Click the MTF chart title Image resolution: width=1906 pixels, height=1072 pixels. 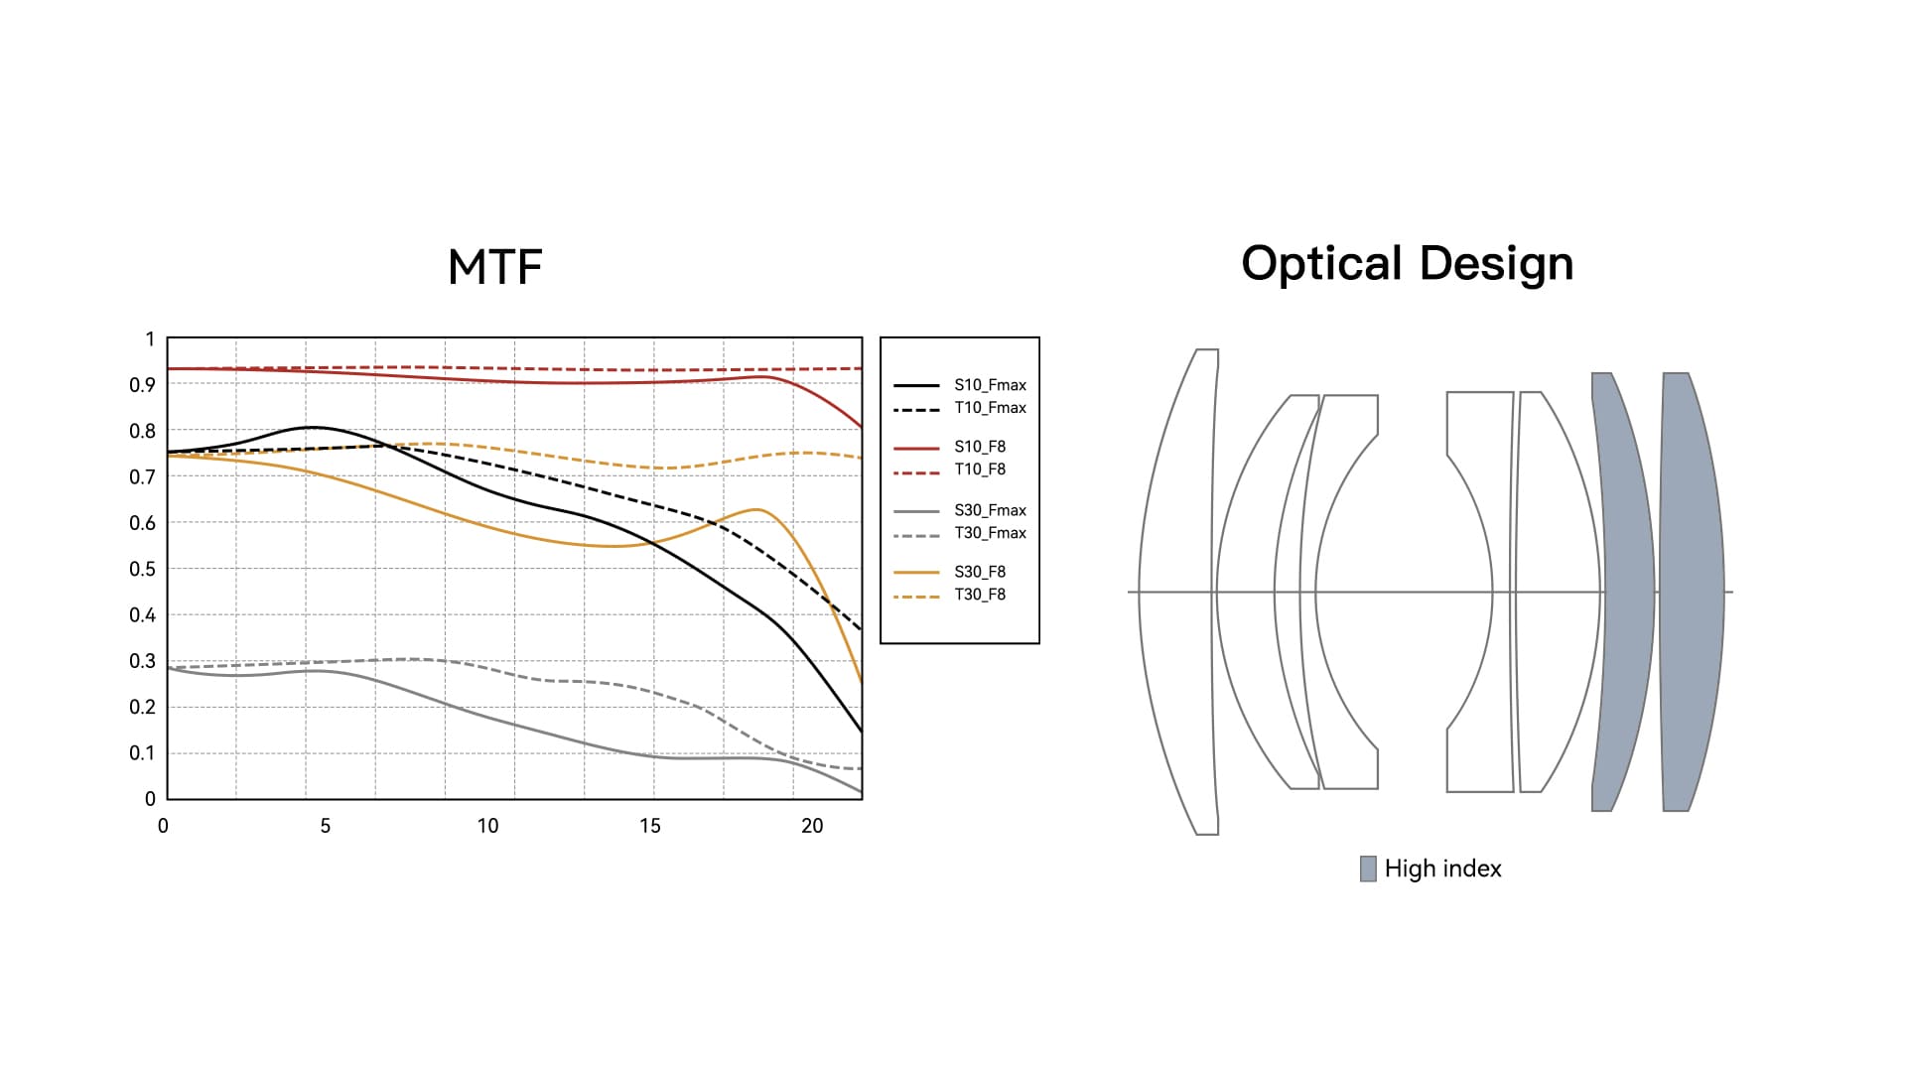[494, 266]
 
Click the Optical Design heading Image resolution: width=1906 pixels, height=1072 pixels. [1407, 264]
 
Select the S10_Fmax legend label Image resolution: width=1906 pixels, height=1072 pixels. [990, 385]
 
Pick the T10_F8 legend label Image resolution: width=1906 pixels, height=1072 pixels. [980, 469]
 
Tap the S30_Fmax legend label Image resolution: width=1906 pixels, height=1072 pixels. [990, 510]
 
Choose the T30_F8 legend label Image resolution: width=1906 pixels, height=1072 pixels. [980, 595]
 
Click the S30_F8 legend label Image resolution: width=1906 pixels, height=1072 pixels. [980, 572]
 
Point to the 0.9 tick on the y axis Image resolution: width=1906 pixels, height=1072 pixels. [143, 385]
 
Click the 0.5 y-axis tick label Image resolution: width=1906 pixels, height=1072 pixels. [143, 569]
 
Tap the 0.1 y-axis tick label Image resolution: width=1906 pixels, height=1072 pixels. [143, 753]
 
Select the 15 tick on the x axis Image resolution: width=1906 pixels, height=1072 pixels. [649, 826]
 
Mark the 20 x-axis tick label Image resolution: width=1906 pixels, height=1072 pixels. [812, 826]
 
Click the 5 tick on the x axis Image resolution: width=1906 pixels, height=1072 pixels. [325, 826]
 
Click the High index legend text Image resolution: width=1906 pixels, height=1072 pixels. [1442, 869]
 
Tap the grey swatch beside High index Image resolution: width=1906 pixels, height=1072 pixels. [1368, 869]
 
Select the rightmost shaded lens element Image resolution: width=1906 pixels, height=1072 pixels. [1692, 592]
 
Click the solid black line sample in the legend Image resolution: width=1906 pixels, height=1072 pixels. [916, 385]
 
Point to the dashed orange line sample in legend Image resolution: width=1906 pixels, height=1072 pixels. [916, 597]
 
